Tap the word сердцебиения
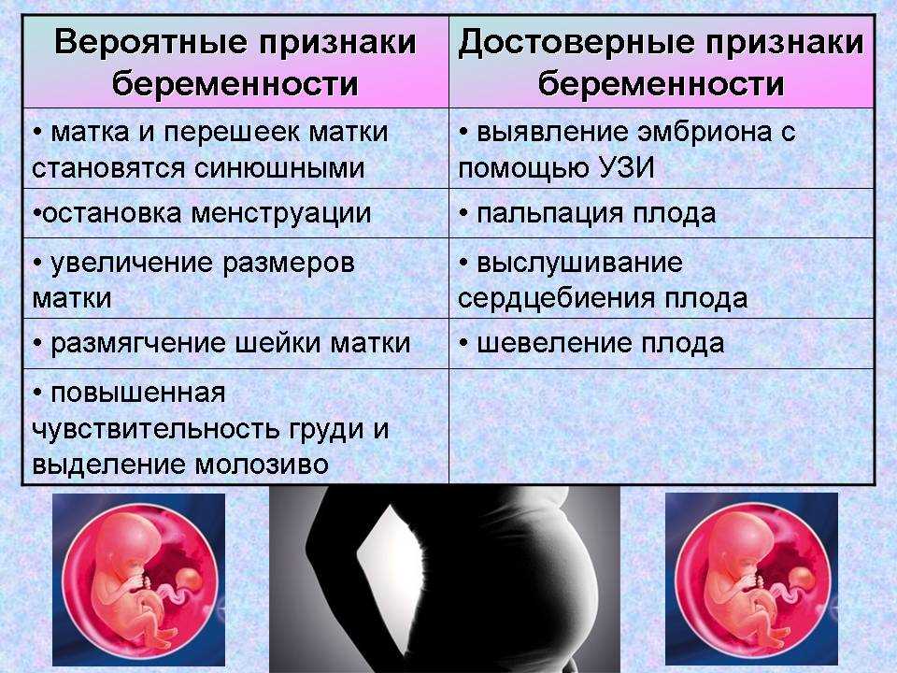[543, 298]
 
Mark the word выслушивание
[579, 263]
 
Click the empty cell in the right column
[661, 425]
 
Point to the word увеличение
[133, 263]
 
